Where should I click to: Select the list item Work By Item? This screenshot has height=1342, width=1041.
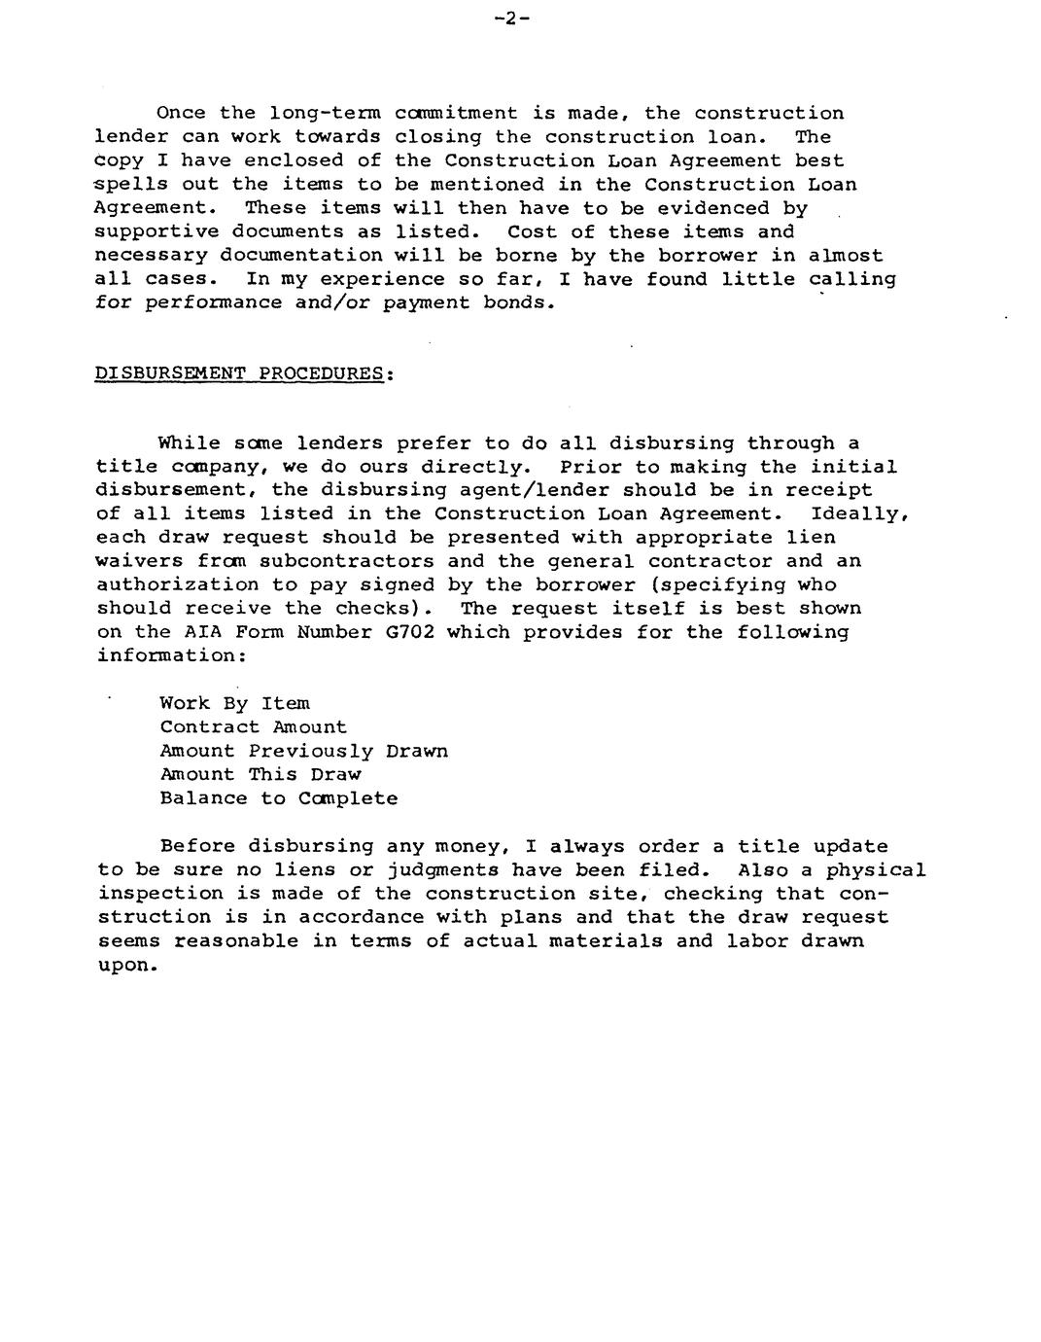pos(235,703)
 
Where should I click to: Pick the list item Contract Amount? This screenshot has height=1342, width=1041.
pos(253,727)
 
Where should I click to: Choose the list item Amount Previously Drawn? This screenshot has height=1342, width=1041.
pos(303,751)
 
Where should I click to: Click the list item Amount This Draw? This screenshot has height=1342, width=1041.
pos(260,775)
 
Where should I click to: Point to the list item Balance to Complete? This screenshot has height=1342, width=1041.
pos(278,798)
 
